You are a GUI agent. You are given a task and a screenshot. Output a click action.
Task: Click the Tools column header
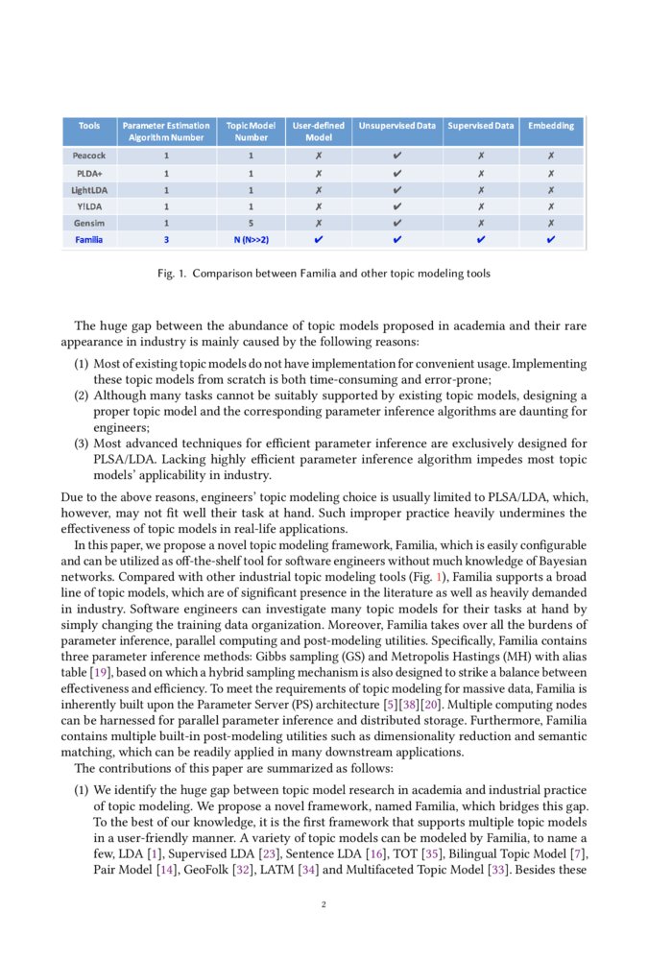(x=89, y=126)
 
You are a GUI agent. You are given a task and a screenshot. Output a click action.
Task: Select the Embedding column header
(x=551, y=126)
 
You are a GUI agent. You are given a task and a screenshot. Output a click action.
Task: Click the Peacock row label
(x=89, y=155)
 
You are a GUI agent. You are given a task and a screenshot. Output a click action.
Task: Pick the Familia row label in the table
(x=89, y=240)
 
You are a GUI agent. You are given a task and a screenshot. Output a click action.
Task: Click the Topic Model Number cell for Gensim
(x=251, y=222)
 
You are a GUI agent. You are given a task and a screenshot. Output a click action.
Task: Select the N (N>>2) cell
(x=251, y=240)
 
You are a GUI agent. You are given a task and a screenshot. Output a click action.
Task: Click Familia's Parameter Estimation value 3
(x=166, y=240)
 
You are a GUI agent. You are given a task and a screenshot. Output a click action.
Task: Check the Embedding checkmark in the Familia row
(x=551, y=240)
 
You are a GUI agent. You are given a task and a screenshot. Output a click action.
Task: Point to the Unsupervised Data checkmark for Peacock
(x=397, y=155)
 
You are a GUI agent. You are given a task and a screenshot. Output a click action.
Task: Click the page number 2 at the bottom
(x=324, y=904)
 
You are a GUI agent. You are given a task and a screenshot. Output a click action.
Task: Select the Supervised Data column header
(x=480, y=126)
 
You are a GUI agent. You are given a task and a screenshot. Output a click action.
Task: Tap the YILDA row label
(x=89, y=205)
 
